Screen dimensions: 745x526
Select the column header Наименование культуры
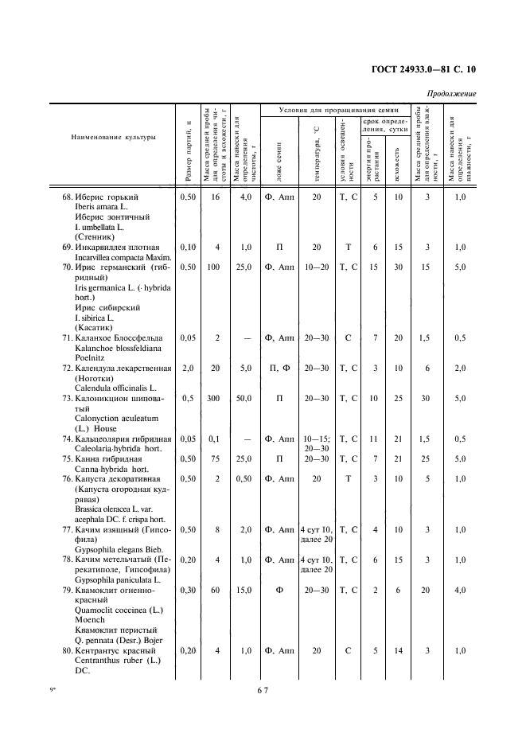point(113,137)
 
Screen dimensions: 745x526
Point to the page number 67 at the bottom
point(263,690)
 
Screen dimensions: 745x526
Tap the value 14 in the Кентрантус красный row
point(399,650)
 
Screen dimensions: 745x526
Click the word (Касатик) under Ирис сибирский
point(93,326)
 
